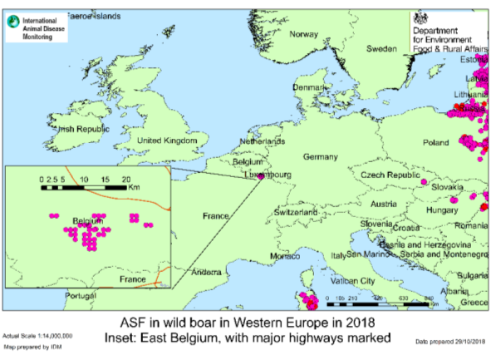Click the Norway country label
click(303, 34)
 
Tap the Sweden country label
click(382, 49)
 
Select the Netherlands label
click(263, 142)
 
